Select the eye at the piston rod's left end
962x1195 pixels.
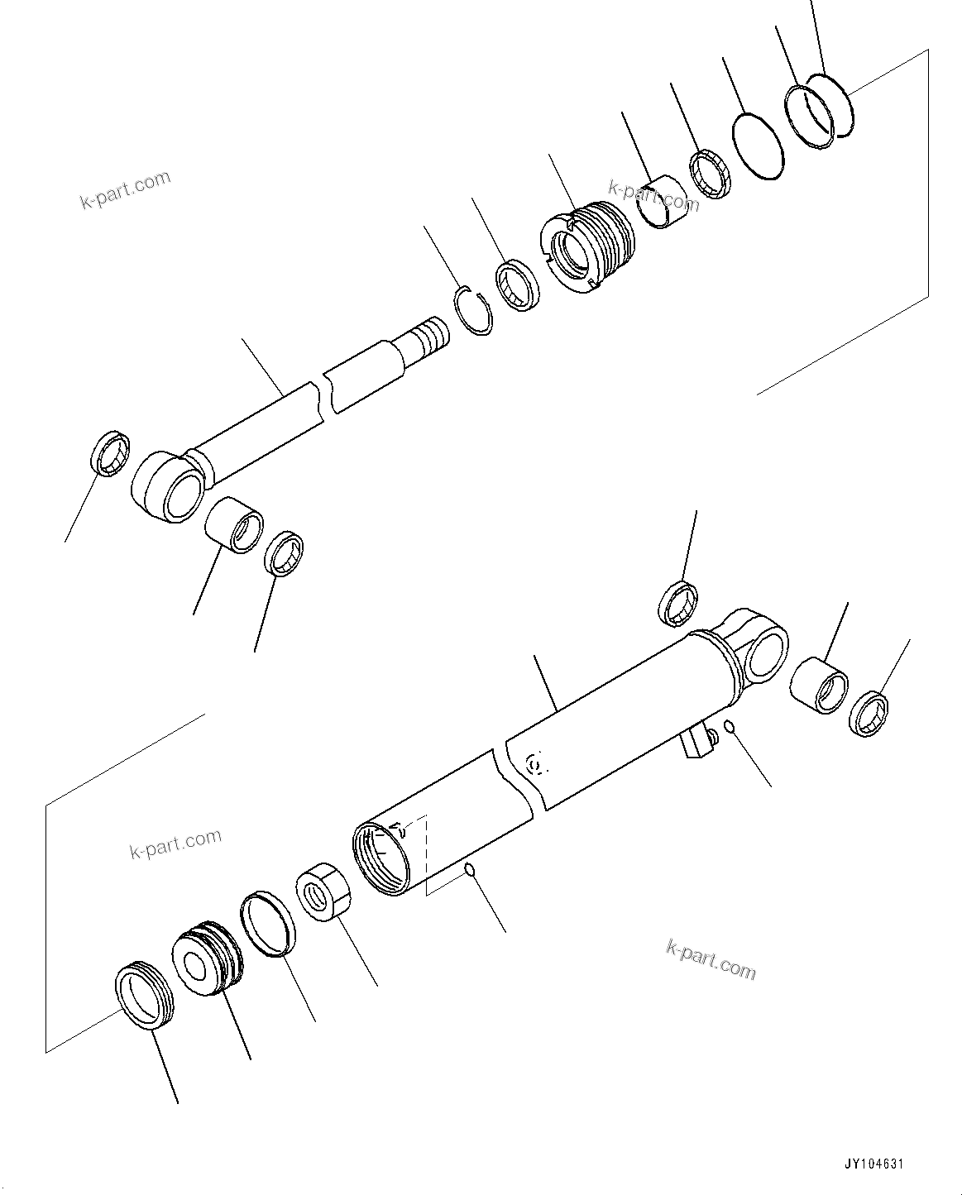[168, 485]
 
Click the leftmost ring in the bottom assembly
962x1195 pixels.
[141, 997]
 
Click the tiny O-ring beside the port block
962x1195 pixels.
[728, 726]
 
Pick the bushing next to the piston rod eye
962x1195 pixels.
[235, 524]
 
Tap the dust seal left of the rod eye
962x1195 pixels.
[109, 453]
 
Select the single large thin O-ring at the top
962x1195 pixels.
[757, 146]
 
